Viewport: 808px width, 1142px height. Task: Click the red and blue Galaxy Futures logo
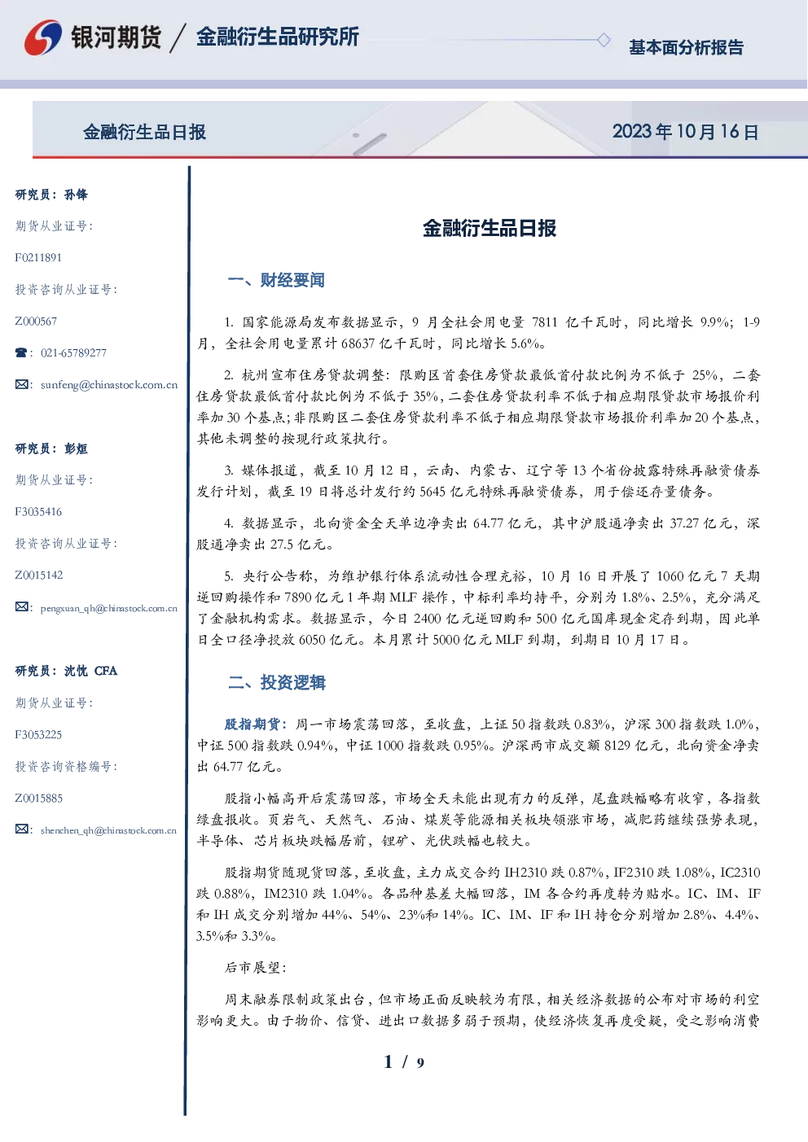click(x=43, y=37)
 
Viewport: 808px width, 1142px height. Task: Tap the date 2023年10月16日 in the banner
click(x=686, y=132)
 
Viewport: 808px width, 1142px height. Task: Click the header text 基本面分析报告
click(x=686, y=47)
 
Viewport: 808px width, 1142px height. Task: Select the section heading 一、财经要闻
click(x=276, y=280)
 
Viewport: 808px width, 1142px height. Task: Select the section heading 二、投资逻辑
click(x=276, y=682)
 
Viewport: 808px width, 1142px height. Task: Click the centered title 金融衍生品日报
click(x=490, y=228)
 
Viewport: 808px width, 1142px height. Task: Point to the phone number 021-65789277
click(x=73, y=352)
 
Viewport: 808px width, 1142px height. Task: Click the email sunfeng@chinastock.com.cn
click(x=109, y=385)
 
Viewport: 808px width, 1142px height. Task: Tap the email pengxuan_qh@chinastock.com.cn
click(x=109, y=608)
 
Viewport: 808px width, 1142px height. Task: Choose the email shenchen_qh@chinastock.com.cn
click(x=108, y=830)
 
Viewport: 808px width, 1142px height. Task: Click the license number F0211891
click(x=38, y=257)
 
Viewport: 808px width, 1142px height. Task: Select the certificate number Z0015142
click(x=39, y=575)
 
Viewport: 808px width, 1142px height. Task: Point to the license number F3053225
click(x=38, y=735)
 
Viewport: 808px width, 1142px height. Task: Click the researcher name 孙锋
click(x=76, y=195)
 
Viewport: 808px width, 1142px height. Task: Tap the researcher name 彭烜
click(x=76, y=448)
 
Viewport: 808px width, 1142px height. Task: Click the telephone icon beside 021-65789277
click(x=21, y=352)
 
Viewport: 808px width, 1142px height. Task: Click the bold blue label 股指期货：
click(x=258, y=724)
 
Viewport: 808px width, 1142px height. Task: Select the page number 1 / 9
click(x=404, y=1062)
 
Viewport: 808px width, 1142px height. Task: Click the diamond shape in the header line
click(x=604, y=40)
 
